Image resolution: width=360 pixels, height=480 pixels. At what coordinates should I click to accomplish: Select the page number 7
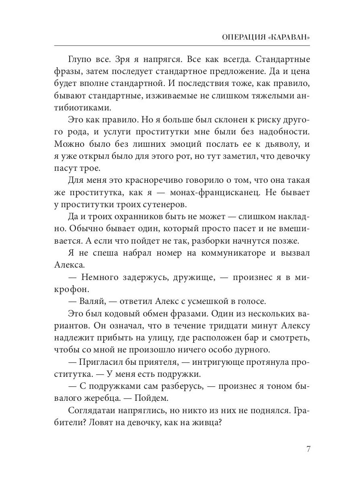308,448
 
